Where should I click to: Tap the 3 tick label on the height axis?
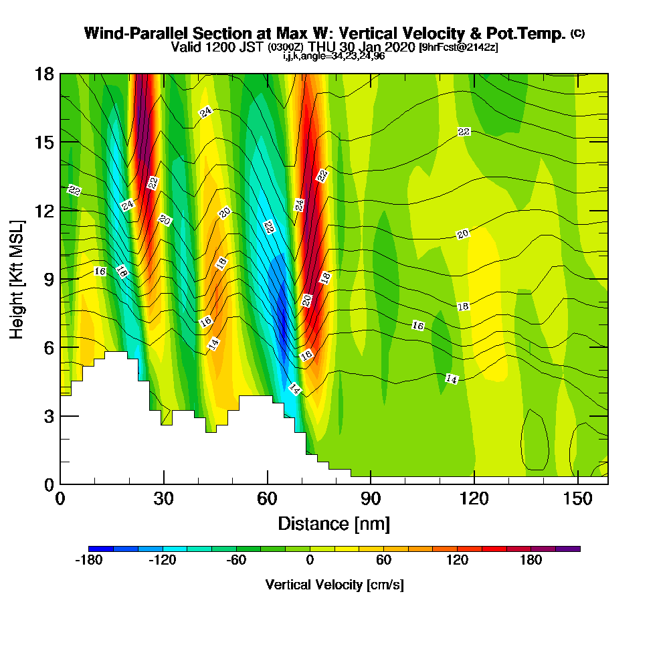pos(48,415)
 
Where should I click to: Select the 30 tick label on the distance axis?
pos(163,498)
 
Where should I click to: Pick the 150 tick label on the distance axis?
pos(577,498)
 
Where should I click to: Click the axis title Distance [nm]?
pos(334,523)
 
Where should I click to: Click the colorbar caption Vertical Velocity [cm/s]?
pos(334,585)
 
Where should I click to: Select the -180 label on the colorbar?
pos(88,561)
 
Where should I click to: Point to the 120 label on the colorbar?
pos(458,561)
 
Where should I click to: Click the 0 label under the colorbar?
pos(310,561)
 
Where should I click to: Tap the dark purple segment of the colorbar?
pos(568,549)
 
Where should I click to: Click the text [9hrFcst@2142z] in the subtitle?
pos(458,47)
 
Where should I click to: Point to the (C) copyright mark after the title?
pos(577,33)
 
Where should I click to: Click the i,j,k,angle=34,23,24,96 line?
pos(334,56)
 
